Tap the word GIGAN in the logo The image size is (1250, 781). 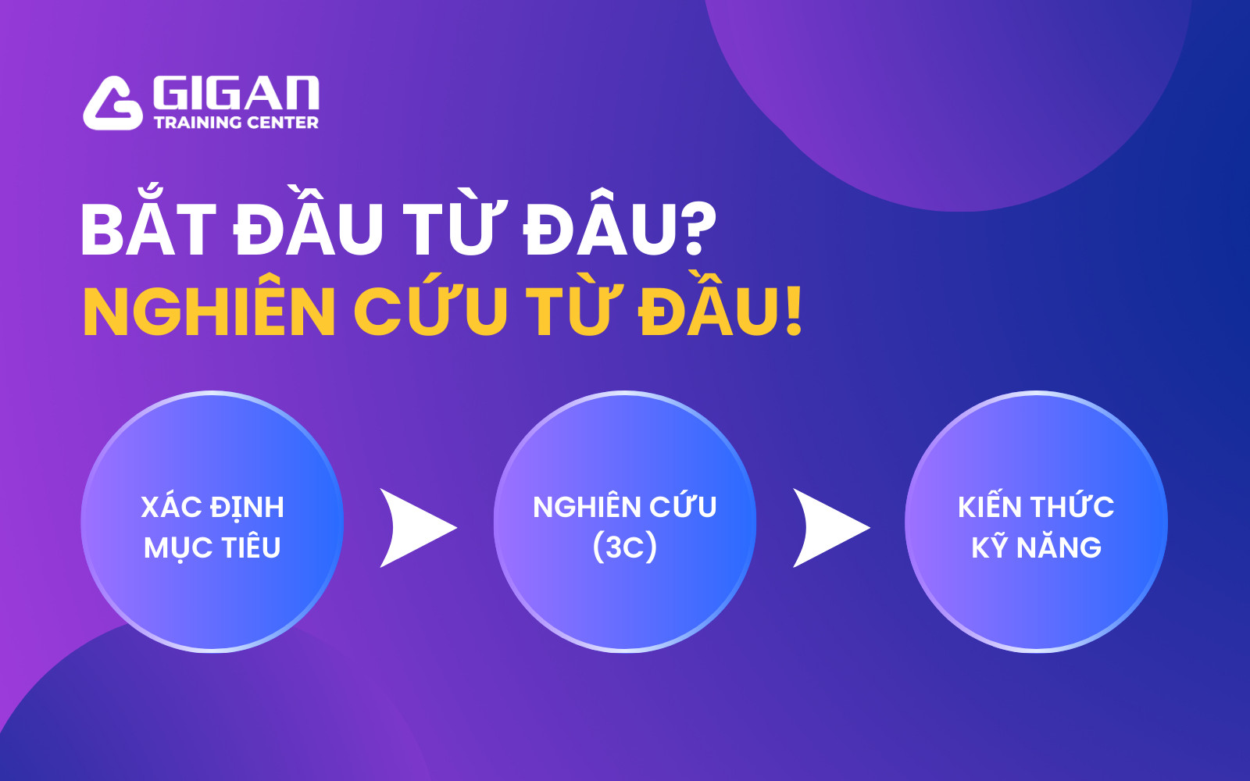[236, 93]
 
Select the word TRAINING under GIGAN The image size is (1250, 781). [198, 123]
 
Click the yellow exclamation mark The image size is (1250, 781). [793, 311]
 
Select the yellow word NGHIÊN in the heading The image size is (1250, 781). [209, 311]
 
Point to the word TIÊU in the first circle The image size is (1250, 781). [250, 547]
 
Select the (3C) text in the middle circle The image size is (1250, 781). [625, 547]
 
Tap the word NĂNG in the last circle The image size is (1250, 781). [1059, 547]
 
